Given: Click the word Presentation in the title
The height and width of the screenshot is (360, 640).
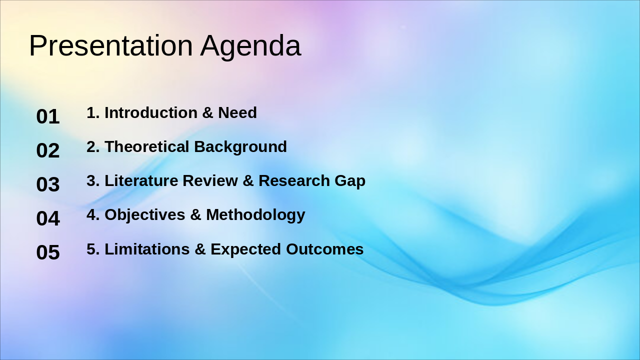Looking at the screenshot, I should [110, 45].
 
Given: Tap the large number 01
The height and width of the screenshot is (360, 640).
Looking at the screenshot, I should [48, 116].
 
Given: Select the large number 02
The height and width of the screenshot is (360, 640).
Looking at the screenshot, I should [48, 150].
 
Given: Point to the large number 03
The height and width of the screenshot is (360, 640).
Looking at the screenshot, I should [48, 184].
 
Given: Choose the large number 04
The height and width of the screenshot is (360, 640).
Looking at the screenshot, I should [48, 218].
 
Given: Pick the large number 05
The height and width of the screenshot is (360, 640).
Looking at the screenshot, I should [48, 252].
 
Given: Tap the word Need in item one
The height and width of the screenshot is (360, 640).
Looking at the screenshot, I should [237, 112].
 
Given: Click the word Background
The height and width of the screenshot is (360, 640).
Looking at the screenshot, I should [240, 147].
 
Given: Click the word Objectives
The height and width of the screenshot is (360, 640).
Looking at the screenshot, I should [145, 215].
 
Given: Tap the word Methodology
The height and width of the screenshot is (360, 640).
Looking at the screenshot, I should [255, 215].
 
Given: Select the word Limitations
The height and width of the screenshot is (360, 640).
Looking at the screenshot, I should [147, 249].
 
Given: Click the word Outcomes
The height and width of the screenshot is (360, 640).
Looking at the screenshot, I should [324, 249].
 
